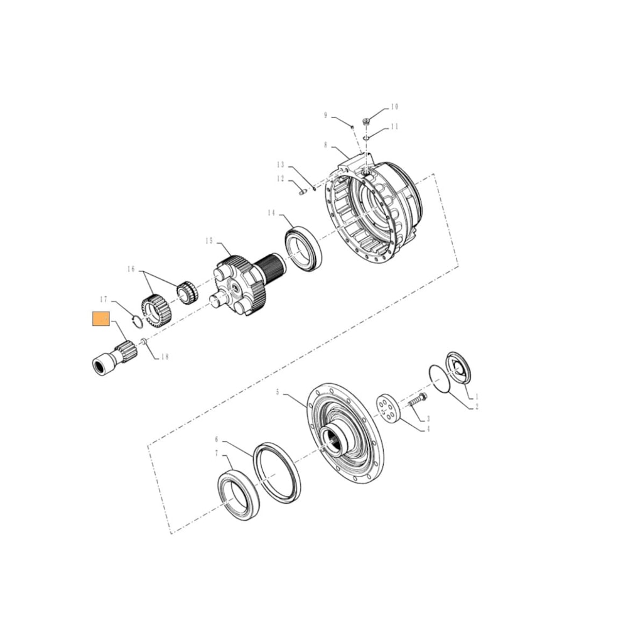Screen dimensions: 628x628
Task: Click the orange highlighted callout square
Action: tap(101, 320)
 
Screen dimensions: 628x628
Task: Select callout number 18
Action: tap(165, 357)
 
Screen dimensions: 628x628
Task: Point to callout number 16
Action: tap(131, 269)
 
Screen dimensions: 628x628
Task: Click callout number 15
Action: tap(210, 241)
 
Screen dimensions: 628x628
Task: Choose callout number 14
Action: tap(271, 214)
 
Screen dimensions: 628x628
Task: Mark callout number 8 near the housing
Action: tap(326, 145)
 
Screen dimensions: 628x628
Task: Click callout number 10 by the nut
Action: tap(394, 107)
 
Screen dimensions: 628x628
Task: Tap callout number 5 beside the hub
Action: tap(278, 392)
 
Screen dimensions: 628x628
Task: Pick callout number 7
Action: tap(217, 453)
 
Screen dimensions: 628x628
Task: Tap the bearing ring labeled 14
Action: tap(303, 248)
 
